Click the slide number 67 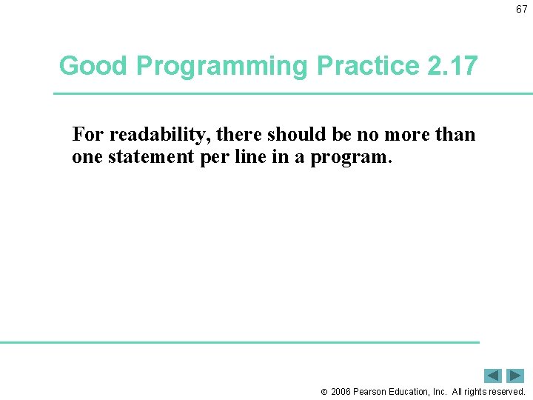[x=522, y=9]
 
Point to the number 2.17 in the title [x=453, y=66]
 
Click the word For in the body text [x=88, y=135]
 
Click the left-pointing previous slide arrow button [x=493, y=376]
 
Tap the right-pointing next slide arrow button [x=515, y=376]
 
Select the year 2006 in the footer [x=341, y=392]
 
